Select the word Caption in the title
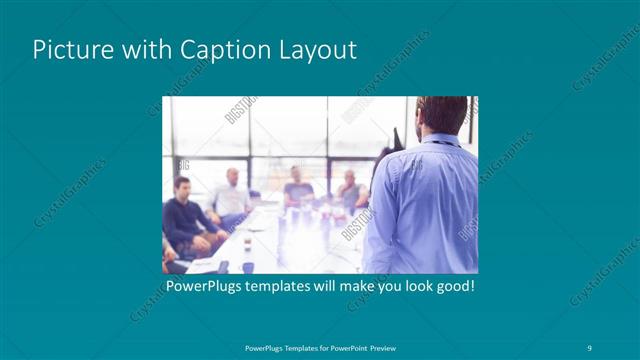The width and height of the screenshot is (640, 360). pyautogui.click(x=219, y=50)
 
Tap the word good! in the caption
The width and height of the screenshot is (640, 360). pyautogui.click(x=451, y=286)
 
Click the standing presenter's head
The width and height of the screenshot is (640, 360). pyautogui.click(x=441, y=115)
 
